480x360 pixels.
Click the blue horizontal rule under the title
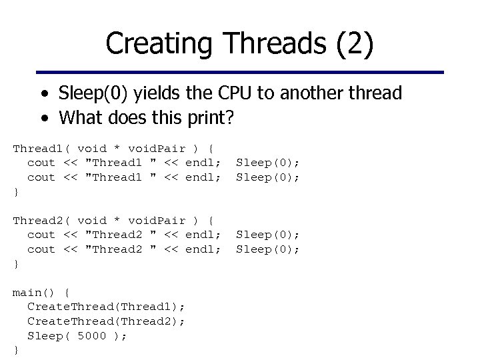pos(239,71)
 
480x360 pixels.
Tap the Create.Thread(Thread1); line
pos(106,307)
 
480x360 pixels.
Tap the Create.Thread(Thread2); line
pos(106,321)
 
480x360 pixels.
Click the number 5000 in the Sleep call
pos(92,335)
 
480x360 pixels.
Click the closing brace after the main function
pos(16,349)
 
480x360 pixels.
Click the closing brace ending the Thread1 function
pos(16,191)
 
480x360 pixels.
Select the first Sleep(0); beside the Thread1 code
pos(269,163)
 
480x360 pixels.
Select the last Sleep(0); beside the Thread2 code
pos(269,249)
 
